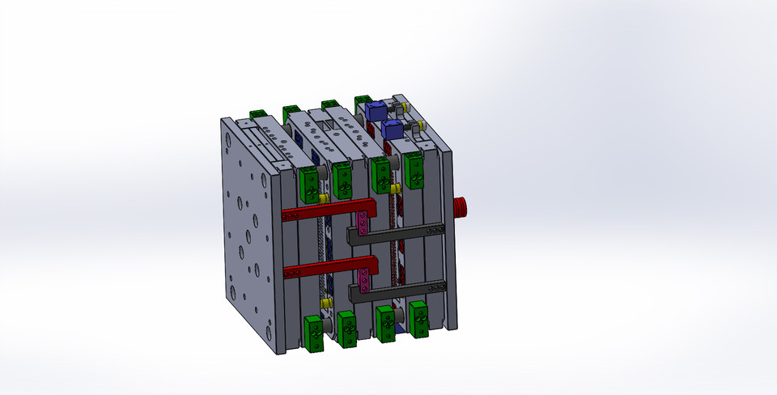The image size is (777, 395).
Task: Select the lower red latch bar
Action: coord(324,267)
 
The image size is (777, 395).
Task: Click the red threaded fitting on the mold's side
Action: coord(463,207)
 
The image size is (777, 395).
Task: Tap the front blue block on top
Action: coord(393,130)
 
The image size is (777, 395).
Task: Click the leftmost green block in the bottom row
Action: coord(313,331)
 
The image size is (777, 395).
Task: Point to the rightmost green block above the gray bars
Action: coord(415,171)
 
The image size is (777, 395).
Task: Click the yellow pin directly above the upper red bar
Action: coord(322,198)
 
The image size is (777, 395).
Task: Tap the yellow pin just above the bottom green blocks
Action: coord(327,303)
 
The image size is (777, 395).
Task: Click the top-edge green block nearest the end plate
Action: coord(258,113)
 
